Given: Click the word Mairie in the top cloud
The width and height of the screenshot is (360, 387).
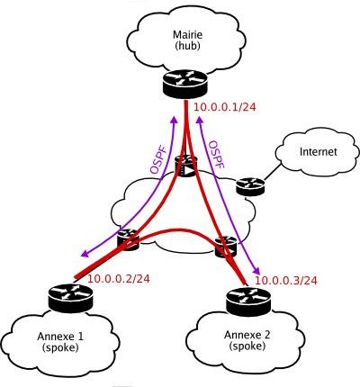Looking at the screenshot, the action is point(187,34).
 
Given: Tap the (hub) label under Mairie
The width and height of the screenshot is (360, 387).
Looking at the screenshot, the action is point(187,46).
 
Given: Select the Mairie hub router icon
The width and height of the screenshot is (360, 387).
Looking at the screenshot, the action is point(185,84).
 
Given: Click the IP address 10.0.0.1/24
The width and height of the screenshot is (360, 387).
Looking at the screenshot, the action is point(225,107).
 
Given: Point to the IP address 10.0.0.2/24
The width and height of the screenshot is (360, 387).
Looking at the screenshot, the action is point(118,279).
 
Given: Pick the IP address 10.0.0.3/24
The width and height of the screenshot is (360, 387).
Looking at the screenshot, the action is point(285,281).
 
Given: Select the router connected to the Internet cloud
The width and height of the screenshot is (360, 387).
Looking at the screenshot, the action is point(250,187).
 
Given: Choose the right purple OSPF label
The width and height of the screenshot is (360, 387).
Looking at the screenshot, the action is point(217,154).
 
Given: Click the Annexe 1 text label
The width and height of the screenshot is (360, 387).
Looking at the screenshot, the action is point(60,337).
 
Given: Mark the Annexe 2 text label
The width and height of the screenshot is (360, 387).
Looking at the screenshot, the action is point(247,335).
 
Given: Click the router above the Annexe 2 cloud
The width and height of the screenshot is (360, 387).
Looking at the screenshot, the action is point(249,300).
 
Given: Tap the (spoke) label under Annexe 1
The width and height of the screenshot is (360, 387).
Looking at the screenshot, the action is point(60,347).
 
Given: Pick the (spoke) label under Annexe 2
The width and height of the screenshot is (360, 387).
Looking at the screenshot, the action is point(247,346).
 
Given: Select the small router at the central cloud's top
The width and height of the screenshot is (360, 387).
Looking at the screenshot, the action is point(186,166).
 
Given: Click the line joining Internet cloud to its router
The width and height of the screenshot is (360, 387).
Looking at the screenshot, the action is point(273,172).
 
